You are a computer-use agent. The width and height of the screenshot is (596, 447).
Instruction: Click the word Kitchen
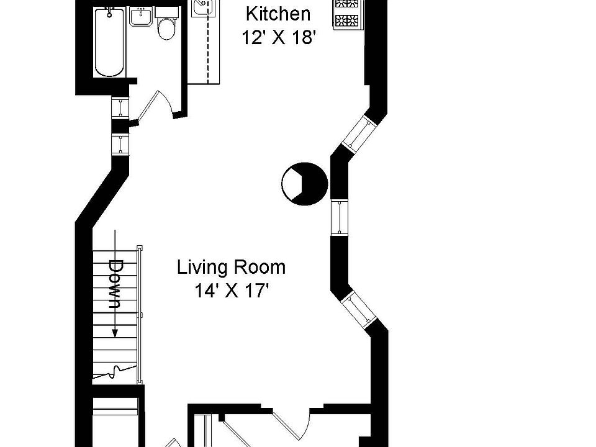pyautogui.click(x=278, y=14)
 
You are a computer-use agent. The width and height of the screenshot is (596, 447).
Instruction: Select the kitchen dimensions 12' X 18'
pyautogui.click(x=279, y=37)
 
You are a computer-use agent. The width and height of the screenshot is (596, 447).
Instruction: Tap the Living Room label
pyautogui.click(x=231, y=268)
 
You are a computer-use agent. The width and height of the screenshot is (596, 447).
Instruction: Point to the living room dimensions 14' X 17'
pyautogui.click(x=232, y=291)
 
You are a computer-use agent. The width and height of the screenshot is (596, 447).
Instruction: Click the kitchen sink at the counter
pyautogui.click(x=203, y=7)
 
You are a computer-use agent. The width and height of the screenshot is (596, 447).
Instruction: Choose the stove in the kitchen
pyautogui.click(x=347, y=14)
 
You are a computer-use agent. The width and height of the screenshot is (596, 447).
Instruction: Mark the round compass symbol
pyautogui.click(x=304, y=184)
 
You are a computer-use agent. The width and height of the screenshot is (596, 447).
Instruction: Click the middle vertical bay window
pyautogui.click(x=340, y=217)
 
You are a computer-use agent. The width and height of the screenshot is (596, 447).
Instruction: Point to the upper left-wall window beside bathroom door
pyautogui.click(x=120, y=107)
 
